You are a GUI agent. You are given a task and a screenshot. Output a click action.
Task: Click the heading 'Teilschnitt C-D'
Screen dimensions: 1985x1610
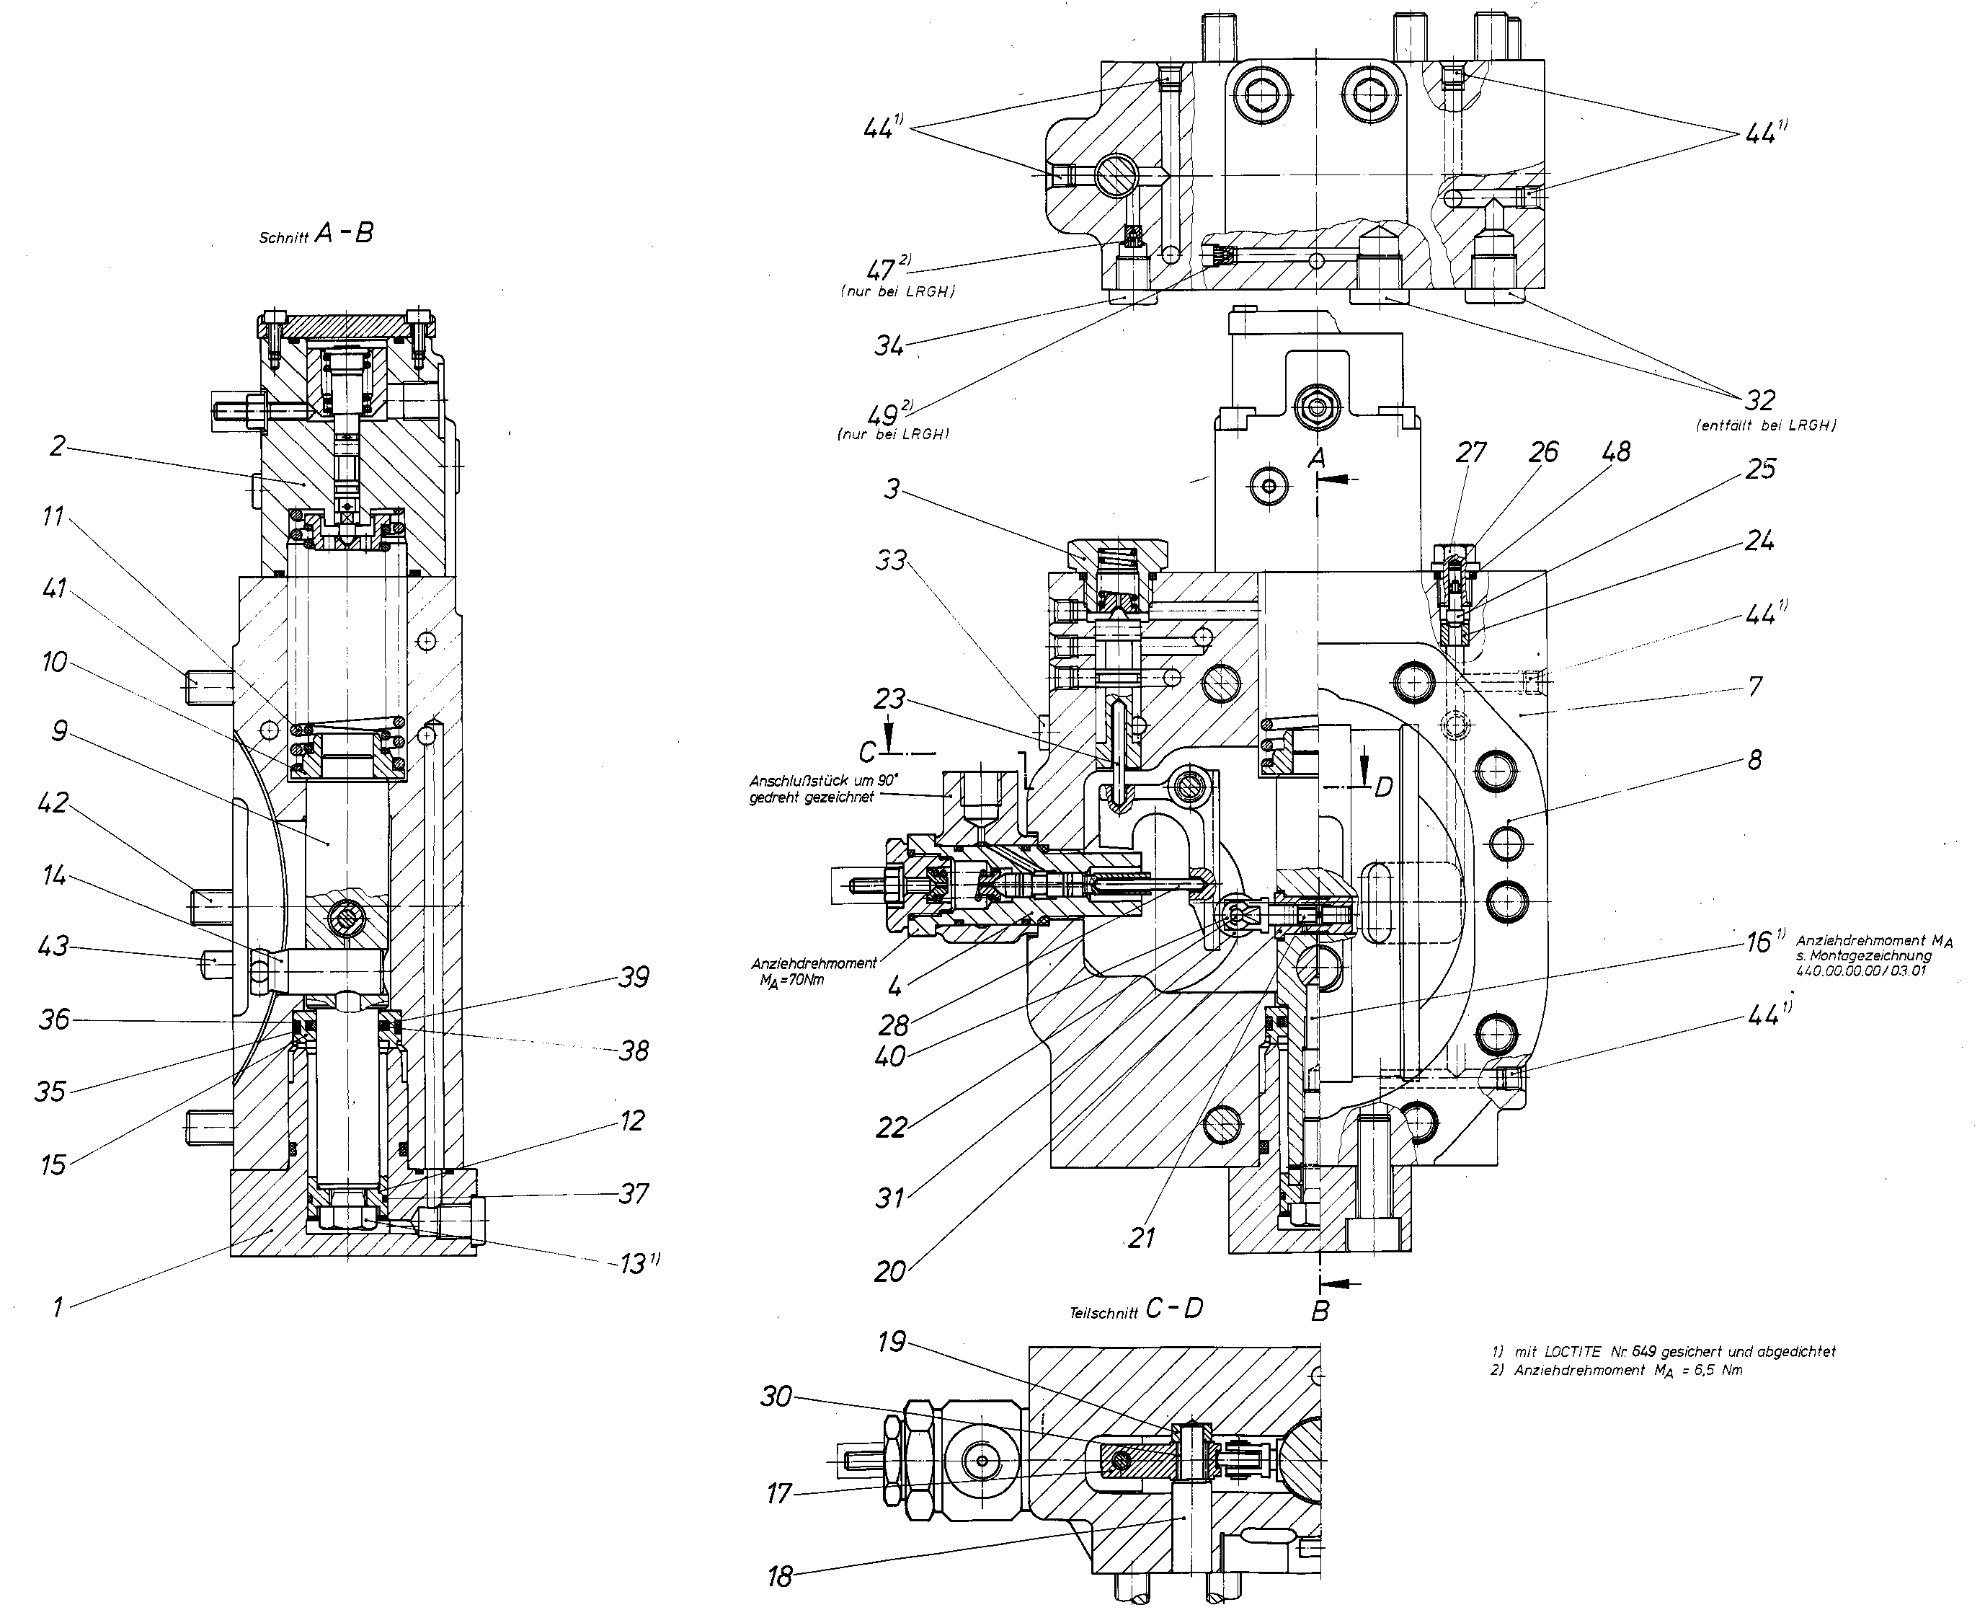(1136, 1309)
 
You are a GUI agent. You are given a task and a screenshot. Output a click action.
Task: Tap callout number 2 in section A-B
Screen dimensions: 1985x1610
(58, 446)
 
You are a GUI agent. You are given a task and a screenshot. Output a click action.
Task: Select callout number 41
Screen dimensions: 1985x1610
(55, 588)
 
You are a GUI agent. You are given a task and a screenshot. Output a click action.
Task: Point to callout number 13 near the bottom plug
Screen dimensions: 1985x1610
(638, 1263)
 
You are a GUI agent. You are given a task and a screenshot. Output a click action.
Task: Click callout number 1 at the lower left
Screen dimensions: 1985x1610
(58, 1309)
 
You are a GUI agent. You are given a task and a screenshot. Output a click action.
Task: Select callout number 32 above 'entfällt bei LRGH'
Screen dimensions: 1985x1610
(1759, 401)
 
